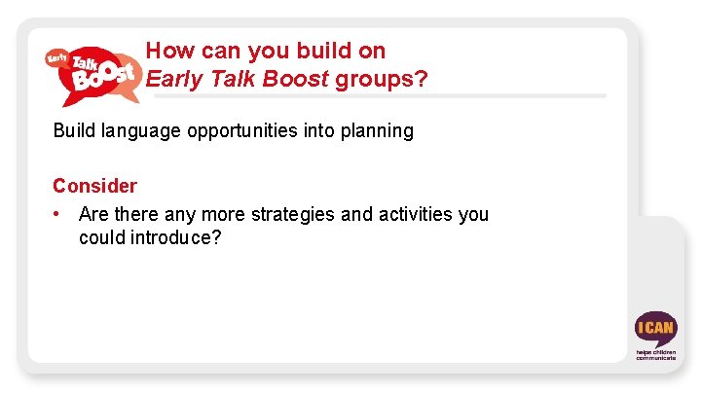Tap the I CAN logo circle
654,328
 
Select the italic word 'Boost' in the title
296,79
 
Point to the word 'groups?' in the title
381,79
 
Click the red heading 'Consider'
94,185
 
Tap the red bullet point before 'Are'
59,213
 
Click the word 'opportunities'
238,130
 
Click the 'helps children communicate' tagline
655,354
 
